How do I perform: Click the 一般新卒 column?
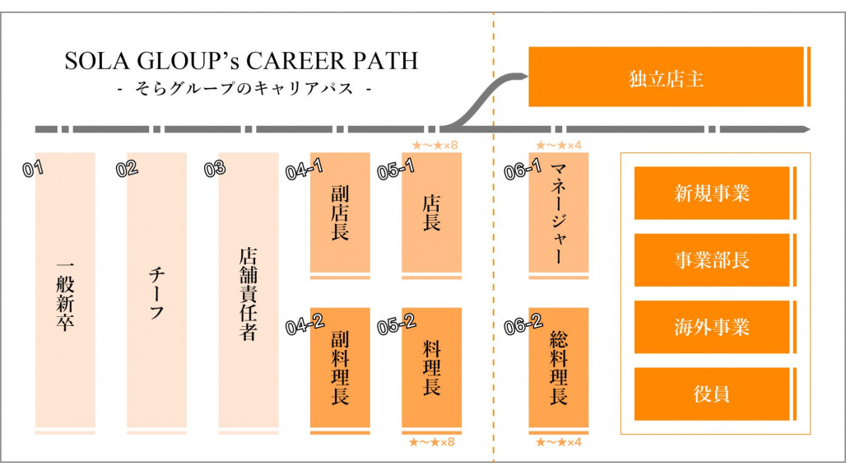coord(65,292)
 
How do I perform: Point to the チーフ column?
coord(156,292)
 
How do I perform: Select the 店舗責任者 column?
coord(248,292)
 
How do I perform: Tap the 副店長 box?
coord(340,212)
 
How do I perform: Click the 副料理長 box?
coord(340,367)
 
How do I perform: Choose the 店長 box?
coord(431,212)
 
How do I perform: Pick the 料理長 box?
coord(431,367)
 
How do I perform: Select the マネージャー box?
coord(559,212)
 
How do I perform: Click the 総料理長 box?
coord(559,367)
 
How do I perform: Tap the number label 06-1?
coord(523,170)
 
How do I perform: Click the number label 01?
coord(33,170)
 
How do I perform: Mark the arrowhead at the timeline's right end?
coord(806,129)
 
